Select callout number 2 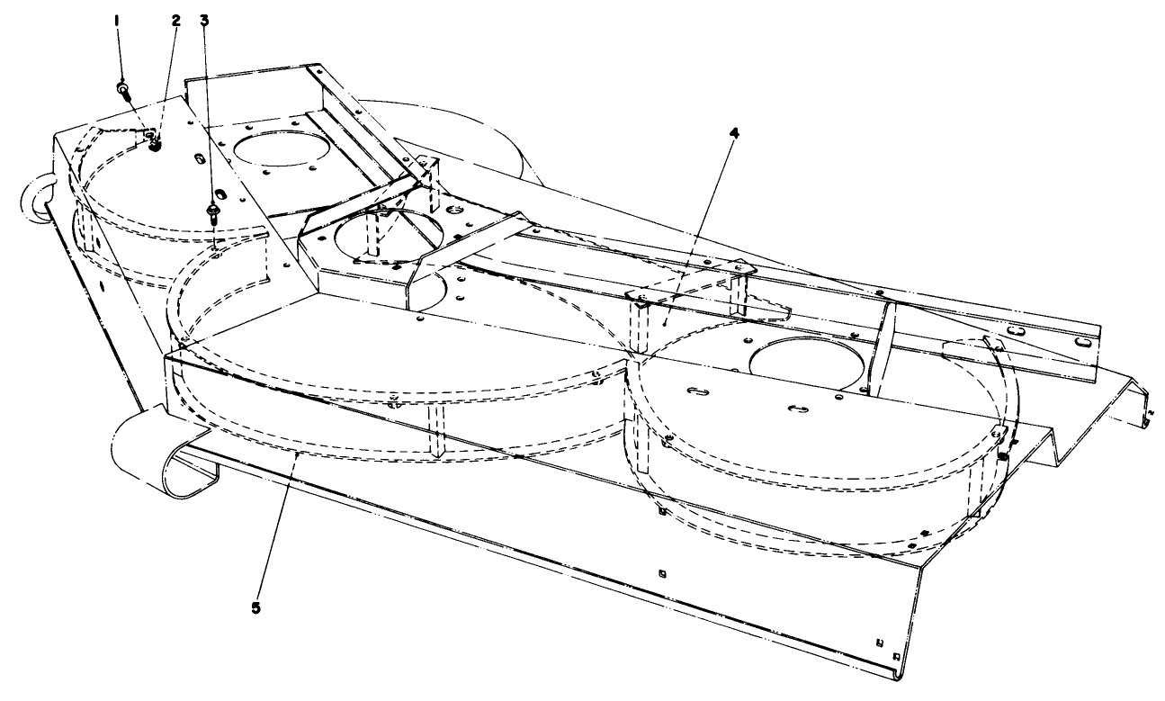(175, 18)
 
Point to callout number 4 (734, 132)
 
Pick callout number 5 (256, 607)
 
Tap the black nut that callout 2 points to (155, 141)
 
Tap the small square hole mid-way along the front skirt (662, 573)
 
